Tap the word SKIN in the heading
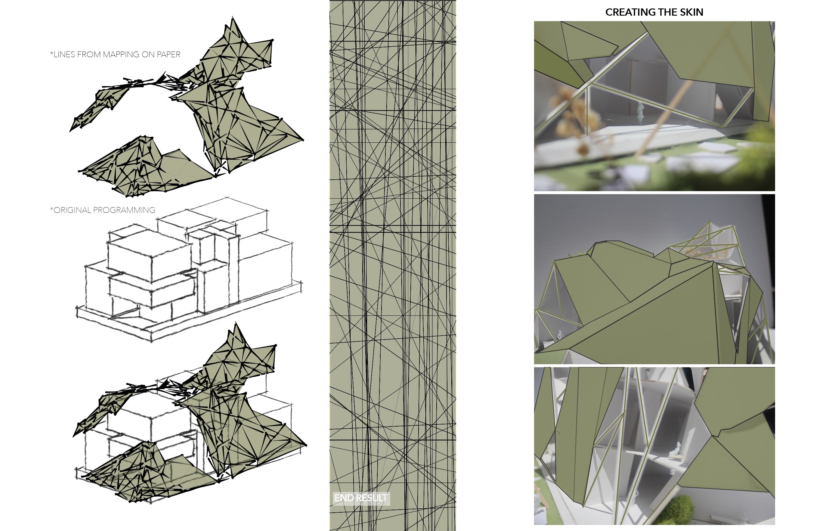point(691,12)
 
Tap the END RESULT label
point(361,498)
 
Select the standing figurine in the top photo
point(640,111)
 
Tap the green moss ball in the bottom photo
point(682,509)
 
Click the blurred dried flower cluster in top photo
point(574,113)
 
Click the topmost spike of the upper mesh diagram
point(233,16)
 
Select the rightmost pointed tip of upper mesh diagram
point(303,140)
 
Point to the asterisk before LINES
point(51,53)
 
